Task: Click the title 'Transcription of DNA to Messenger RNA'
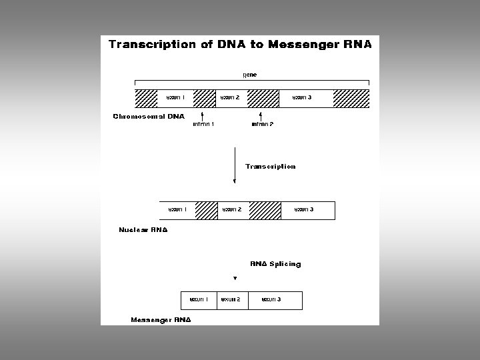[x=240, y=45]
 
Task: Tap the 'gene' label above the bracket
[x=249, y=75]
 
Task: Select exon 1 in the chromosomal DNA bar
[x=175, y=98]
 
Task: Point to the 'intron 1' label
[x=203, y=124]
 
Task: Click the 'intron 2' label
[x=263, y=124]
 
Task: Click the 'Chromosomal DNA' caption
[x=148, y=117]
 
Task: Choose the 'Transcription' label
[x=270, y=167]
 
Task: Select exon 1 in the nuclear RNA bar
[x=178, y=210]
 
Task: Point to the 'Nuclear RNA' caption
[x=143, y=230]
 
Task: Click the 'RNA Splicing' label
[x=275, y=264]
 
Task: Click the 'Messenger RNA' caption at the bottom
[x=161, y=320]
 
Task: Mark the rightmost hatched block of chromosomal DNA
[x=351, y=98]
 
